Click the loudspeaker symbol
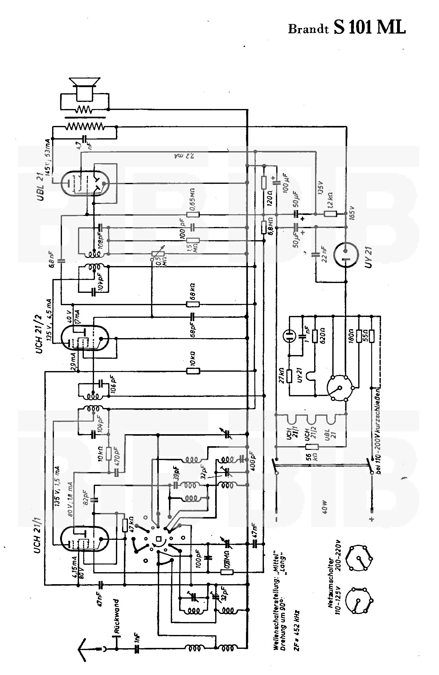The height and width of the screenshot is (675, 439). pyautogui.click(x=84, y=88)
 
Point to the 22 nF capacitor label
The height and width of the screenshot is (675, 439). pyautogui.click(x=324, y=254)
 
